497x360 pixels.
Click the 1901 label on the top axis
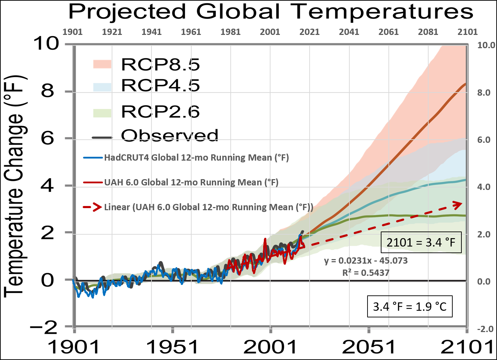pos(72,32)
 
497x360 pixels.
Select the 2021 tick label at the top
pos(310,32)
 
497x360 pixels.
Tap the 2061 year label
pos(388,32)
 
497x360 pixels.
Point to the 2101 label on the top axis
pos(468,32)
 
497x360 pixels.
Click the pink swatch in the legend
pos(102,64)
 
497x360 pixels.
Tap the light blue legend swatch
pos(102,87)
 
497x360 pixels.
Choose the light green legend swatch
pos(102,113)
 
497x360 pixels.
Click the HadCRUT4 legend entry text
pos(196,158)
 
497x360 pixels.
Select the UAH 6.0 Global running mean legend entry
pos(191,183)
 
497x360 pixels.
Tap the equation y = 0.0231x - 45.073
pos(366,261)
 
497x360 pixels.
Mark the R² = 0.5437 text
pos(366,273)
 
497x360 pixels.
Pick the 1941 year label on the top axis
pos(151,32)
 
